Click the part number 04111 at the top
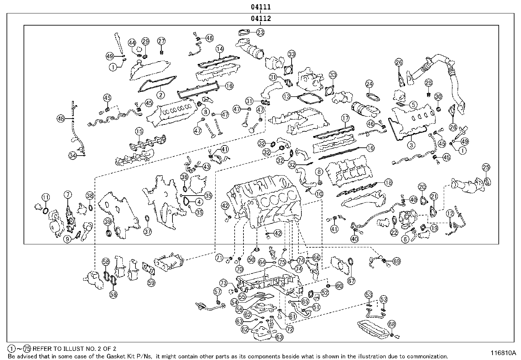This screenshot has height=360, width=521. coord(260,7)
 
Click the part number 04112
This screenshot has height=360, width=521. coord(260,19)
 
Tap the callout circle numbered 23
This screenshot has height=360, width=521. coord(260,32)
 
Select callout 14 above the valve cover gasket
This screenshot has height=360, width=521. coord(220,49)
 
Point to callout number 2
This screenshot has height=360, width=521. coord(160,95)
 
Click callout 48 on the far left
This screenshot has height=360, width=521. coord(61,119)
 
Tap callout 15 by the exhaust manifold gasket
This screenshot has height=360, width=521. coord(139,132)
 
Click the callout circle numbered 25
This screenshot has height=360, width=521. coord(486,167)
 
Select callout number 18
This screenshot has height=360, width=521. coord(388,182)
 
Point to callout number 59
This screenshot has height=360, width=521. coord(151,282)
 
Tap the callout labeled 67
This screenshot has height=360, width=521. coord(351,281)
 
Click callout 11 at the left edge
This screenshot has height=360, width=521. coord(45,197)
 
